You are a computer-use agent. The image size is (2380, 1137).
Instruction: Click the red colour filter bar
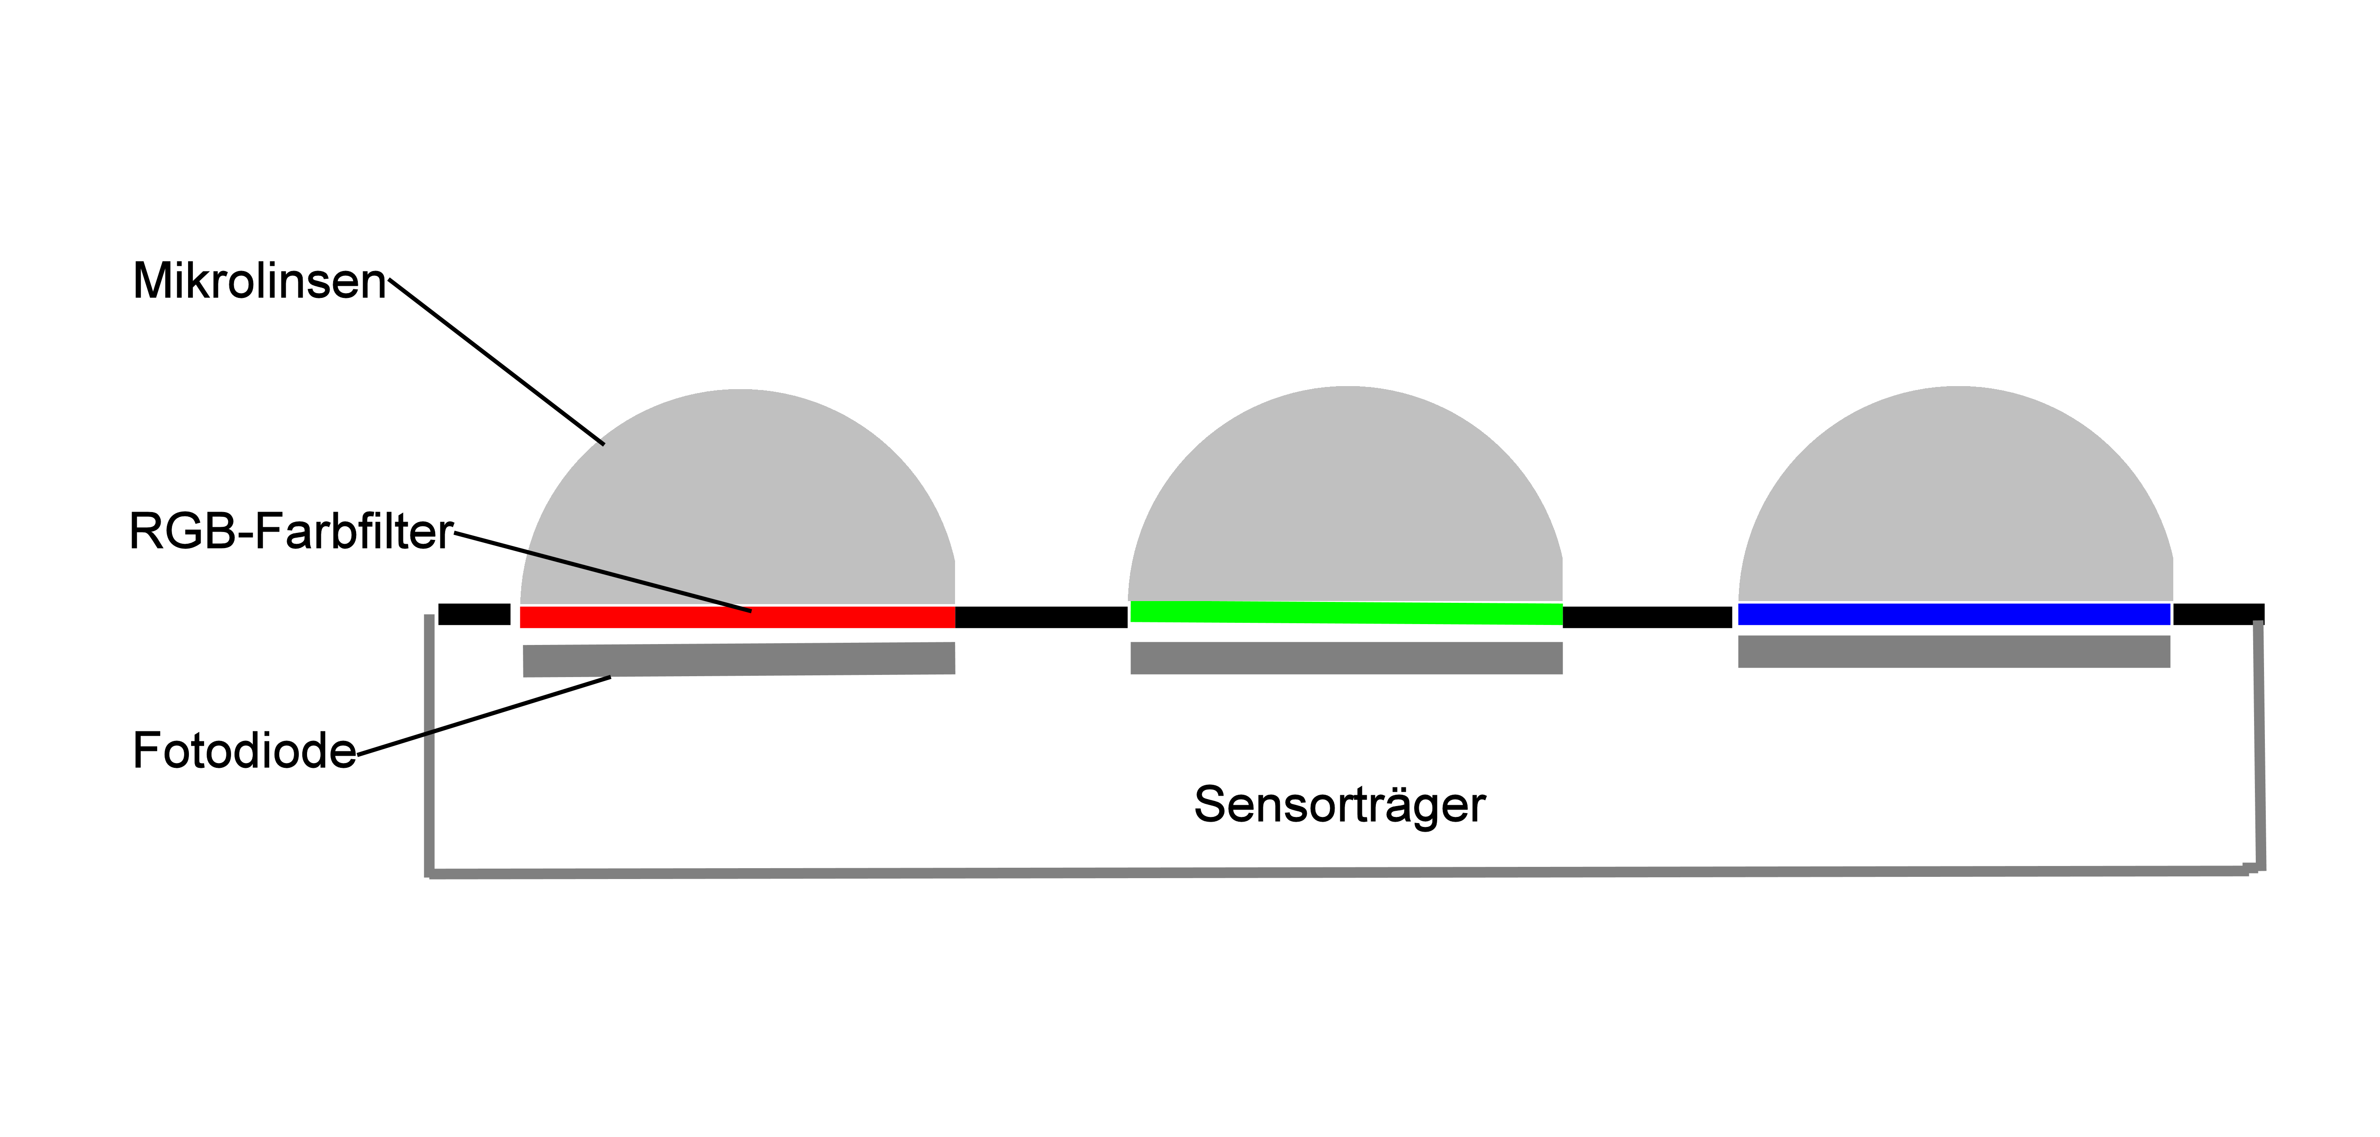coord(647,617)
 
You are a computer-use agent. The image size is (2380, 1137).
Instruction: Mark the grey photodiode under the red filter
coord(739,659)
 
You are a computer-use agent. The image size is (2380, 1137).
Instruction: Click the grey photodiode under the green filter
coord(1346,658)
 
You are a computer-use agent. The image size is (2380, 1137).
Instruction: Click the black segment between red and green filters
coord(1041,617)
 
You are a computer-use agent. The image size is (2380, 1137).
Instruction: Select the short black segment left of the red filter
coord(474,614)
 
